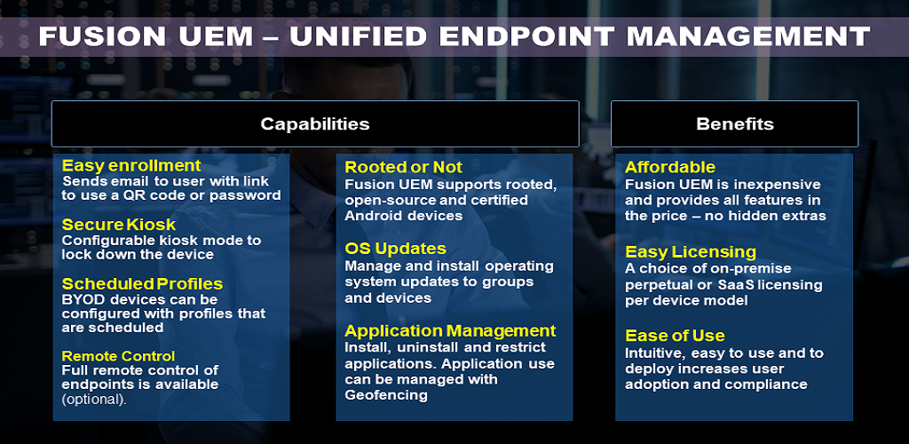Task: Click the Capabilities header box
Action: [x=315, y=124]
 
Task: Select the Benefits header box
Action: [x=734, y=124]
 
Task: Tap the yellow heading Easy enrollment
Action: [x=131, y=166]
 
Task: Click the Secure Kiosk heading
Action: [x=119, y=225]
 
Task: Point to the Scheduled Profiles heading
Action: [x=143, y=284]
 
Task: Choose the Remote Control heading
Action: [x=118, y=355]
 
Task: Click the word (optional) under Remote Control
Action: [x=94, y=400]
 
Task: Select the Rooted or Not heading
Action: [x=404, y=168]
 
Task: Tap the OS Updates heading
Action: [x=395, y=249]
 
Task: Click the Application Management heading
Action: [x=450, y=331]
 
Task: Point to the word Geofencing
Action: [x=386, y=396]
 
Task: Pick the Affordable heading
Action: [x=670, y=168]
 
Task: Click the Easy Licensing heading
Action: [x=691, y=253]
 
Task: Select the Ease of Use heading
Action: [x=675, y=336]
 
